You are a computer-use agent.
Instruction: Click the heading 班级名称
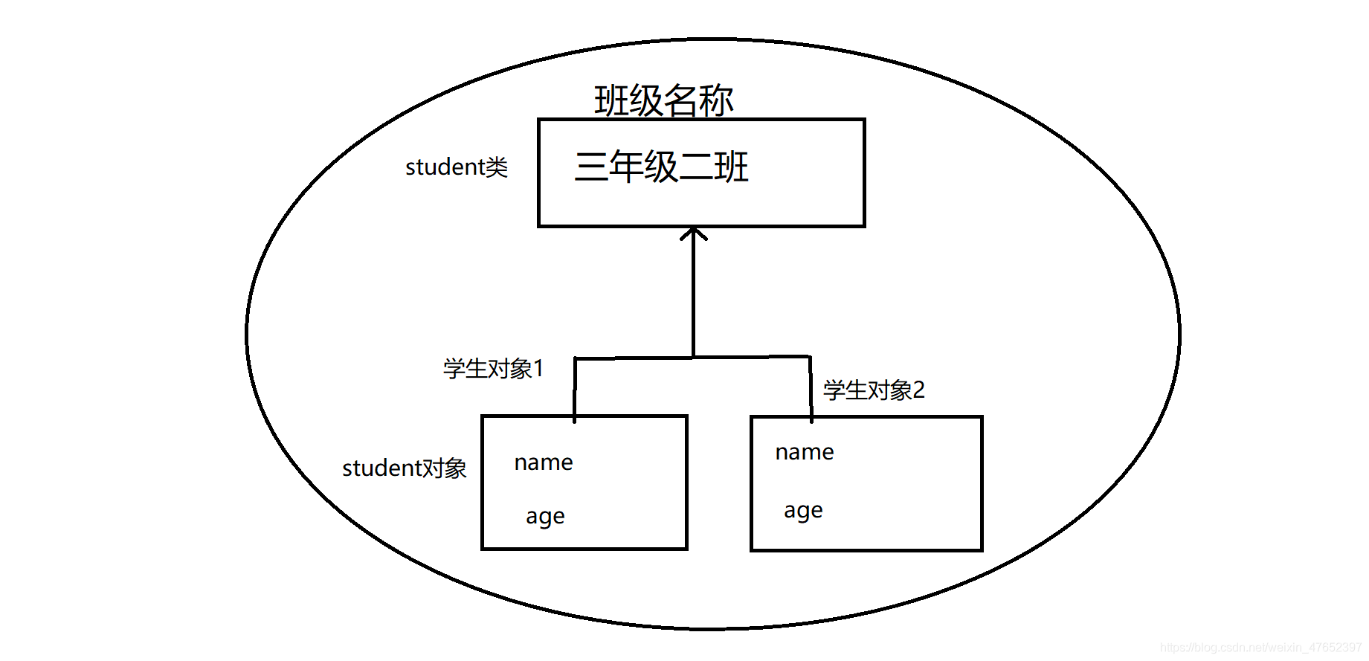[663, 100]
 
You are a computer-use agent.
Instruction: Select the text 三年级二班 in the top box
[661, 167]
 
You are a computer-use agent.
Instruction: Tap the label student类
[456, 167]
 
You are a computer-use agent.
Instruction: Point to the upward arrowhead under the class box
[694, 233]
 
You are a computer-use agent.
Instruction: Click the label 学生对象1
[493, 368]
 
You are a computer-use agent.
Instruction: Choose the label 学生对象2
[874, 390]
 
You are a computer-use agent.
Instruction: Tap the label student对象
[404, 468]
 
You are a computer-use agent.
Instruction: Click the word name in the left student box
[544, 462]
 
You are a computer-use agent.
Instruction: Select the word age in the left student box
[545, 516]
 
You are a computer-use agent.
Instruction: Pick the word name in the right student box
[805, 452]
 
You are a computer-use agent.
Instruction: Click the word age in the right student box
[803, 511]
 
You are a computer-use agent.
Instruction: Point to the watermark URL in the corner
[1260, 648]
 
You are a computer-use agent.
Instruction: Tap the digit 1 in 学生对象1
[538, 368]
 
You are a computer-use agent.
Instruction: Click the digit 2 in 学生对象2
[919, 390]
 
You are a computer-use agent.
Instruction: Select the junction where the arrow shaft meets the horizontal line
[694, 358]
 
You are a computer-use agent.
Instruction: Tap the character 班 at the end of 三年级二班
[731, 167]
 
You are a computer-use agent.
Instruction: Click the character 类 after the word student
[497, 167]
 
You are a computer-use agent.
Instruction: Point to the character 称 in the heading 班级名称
[716, 100]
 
